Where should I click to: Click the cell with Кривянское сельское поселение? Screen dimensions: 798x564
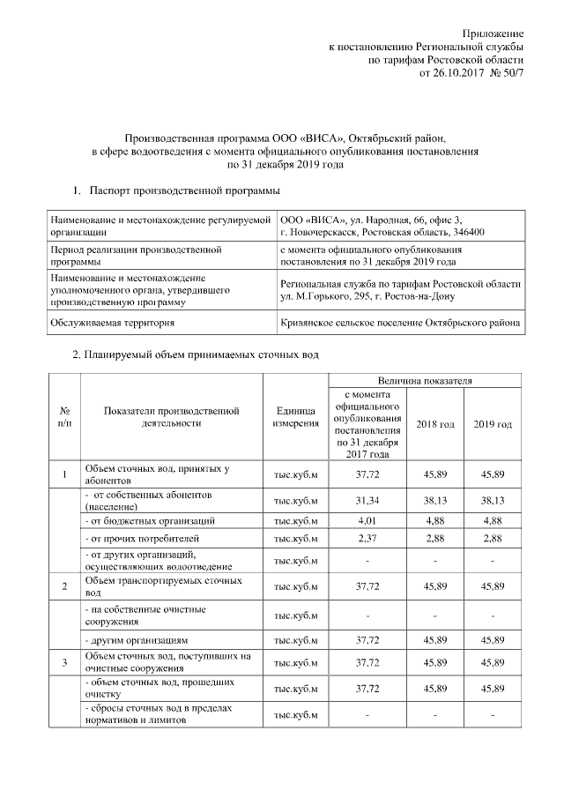[400, 324]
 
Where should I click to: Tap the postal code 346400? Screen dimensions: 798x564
[467, 232]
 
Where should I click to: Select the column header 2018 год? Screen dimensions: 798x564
[435, 424]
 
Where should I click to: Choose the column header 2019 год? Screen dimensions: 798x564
[493, 424]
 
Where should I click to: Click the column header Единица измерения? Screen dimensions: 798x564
[296, 417]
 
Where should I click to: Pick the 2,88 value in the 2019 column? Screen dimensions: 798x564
[493, 537]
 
